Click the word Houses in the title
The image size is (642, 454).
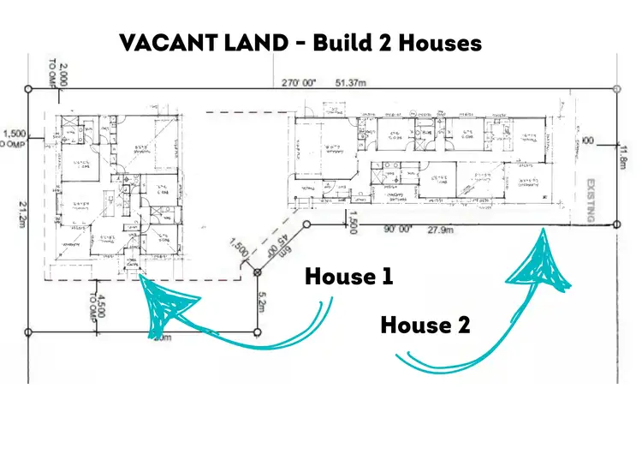click(438, 42)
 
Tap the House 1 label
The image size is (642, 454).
click(348, 277)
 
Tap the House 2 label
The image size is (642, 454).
click(426, 326)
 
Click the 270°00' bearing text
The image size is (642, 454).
click(300, 82)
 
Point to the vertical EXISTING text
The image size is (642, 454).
click(590, 200)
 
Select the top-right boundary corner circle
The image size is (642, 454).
click(617, 88)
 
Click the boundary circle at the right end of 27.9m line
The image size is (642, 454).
click(617, 224)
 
